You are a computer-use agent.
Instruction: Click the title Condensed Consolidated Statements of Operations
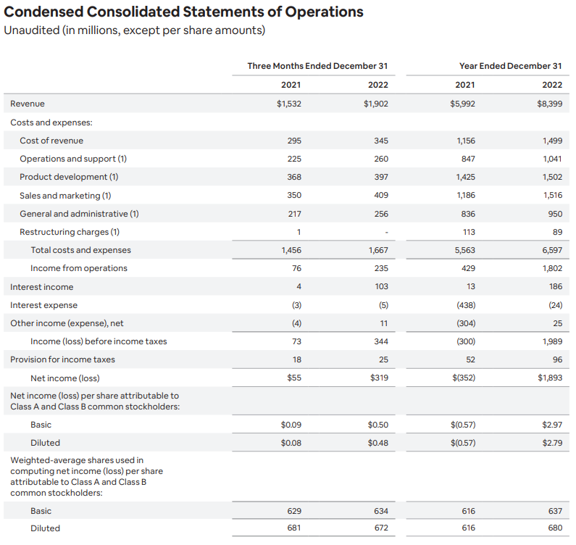pyautogui.click(x=184, y=12)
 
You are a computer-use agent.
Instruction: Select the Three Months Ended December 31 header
pyautogui.click(x=317, y=66)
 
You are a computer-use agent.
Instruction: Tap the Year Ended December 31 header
pyautogui.click(x=510, y=66)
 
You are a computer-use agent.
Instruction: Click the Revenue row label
pyautogui.click(x=28, y=104)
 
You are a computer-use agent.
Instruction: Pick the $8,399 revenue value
pyautogui.click(x=550, y=104)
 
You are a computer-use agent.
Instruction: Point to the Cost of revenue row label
pyautogui.click(x=51, y=141)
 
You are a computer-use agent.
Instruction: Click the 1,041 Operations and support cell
pyautogui.click(x=551, y=159)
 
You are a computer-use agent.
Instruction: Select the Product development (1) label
pyautogui.click(x=69, y=177)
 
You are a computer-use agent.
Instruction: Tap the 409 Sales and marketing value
pyautogui.click(x=381, y=195)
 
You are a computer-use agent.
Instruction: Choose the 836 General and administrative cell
pyautogui.click(x=467, y=214)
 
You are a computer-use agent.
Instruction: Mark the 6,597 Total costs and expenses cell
pyautogui.click(x=551, y=250)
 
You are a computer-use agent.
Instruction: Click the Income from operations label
pyautogui.click(x=79, y=268)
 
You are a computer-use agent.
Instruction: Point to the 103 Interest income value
pyautogui.click(x=381, y=287)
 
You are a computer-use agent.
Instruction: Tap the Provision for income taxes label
pyautogui.click(x=62, y=359)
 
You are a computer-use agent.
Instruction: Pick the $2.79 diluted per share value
pyautogui.click(x=552, y=443)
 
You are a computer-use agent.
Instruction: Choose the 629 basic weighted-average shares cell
pyautogui.click(x=294, y=511)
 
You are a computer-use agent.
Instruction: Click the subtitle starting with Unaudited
pyautogui.click(x=135, y=30)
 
